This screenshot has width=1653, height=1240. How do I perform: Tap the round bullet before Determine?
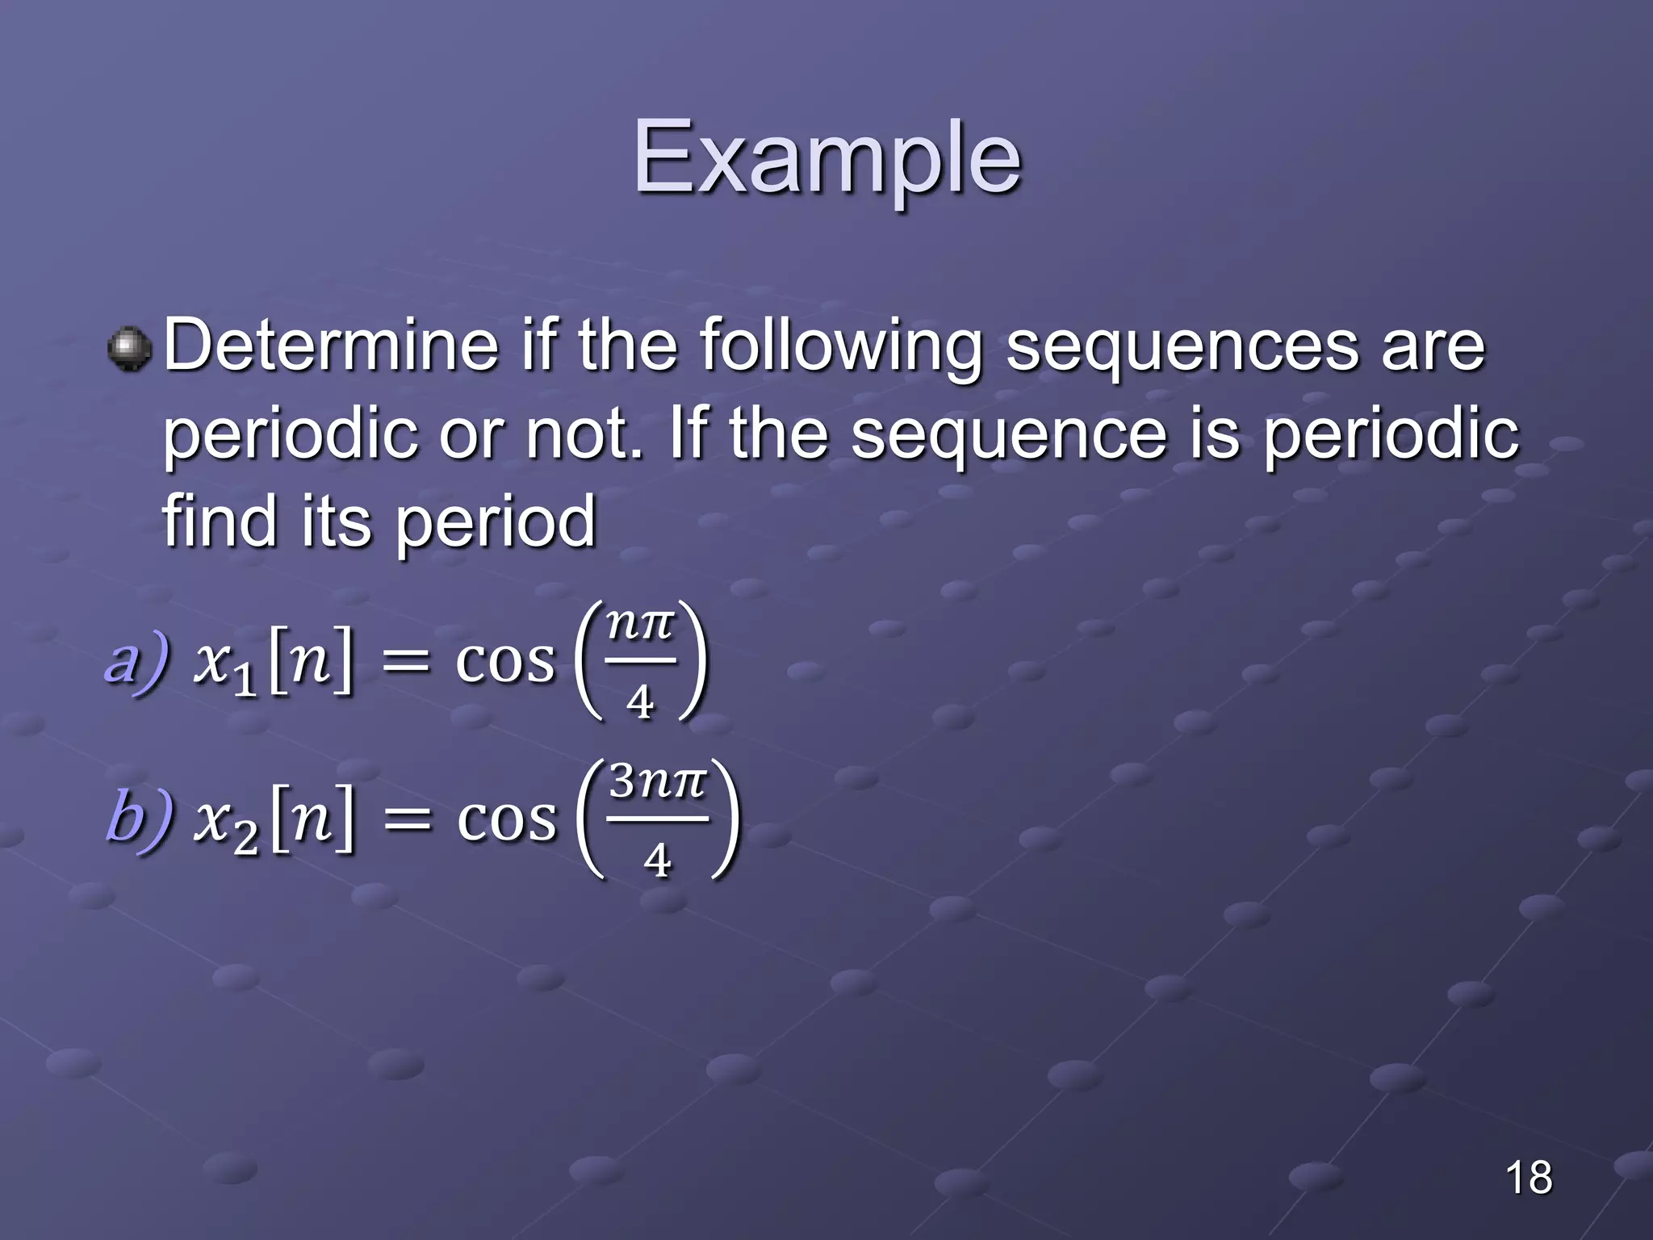pos(129,349)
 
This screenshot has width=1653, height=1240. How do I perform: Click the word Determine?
pos(331,347)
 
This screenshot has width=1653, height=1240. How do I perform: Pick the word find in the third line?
pos(218,521)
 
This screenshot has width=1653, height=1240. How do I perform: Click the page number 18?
pos(1528,1177)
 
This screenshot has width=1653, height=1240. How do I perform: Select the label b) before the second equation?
pos(139,817)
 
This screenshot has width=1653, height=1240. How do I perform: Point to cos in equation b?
pos(507,819)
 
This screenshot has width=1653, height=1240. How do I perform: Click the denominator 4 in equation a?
pos(639,702)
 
